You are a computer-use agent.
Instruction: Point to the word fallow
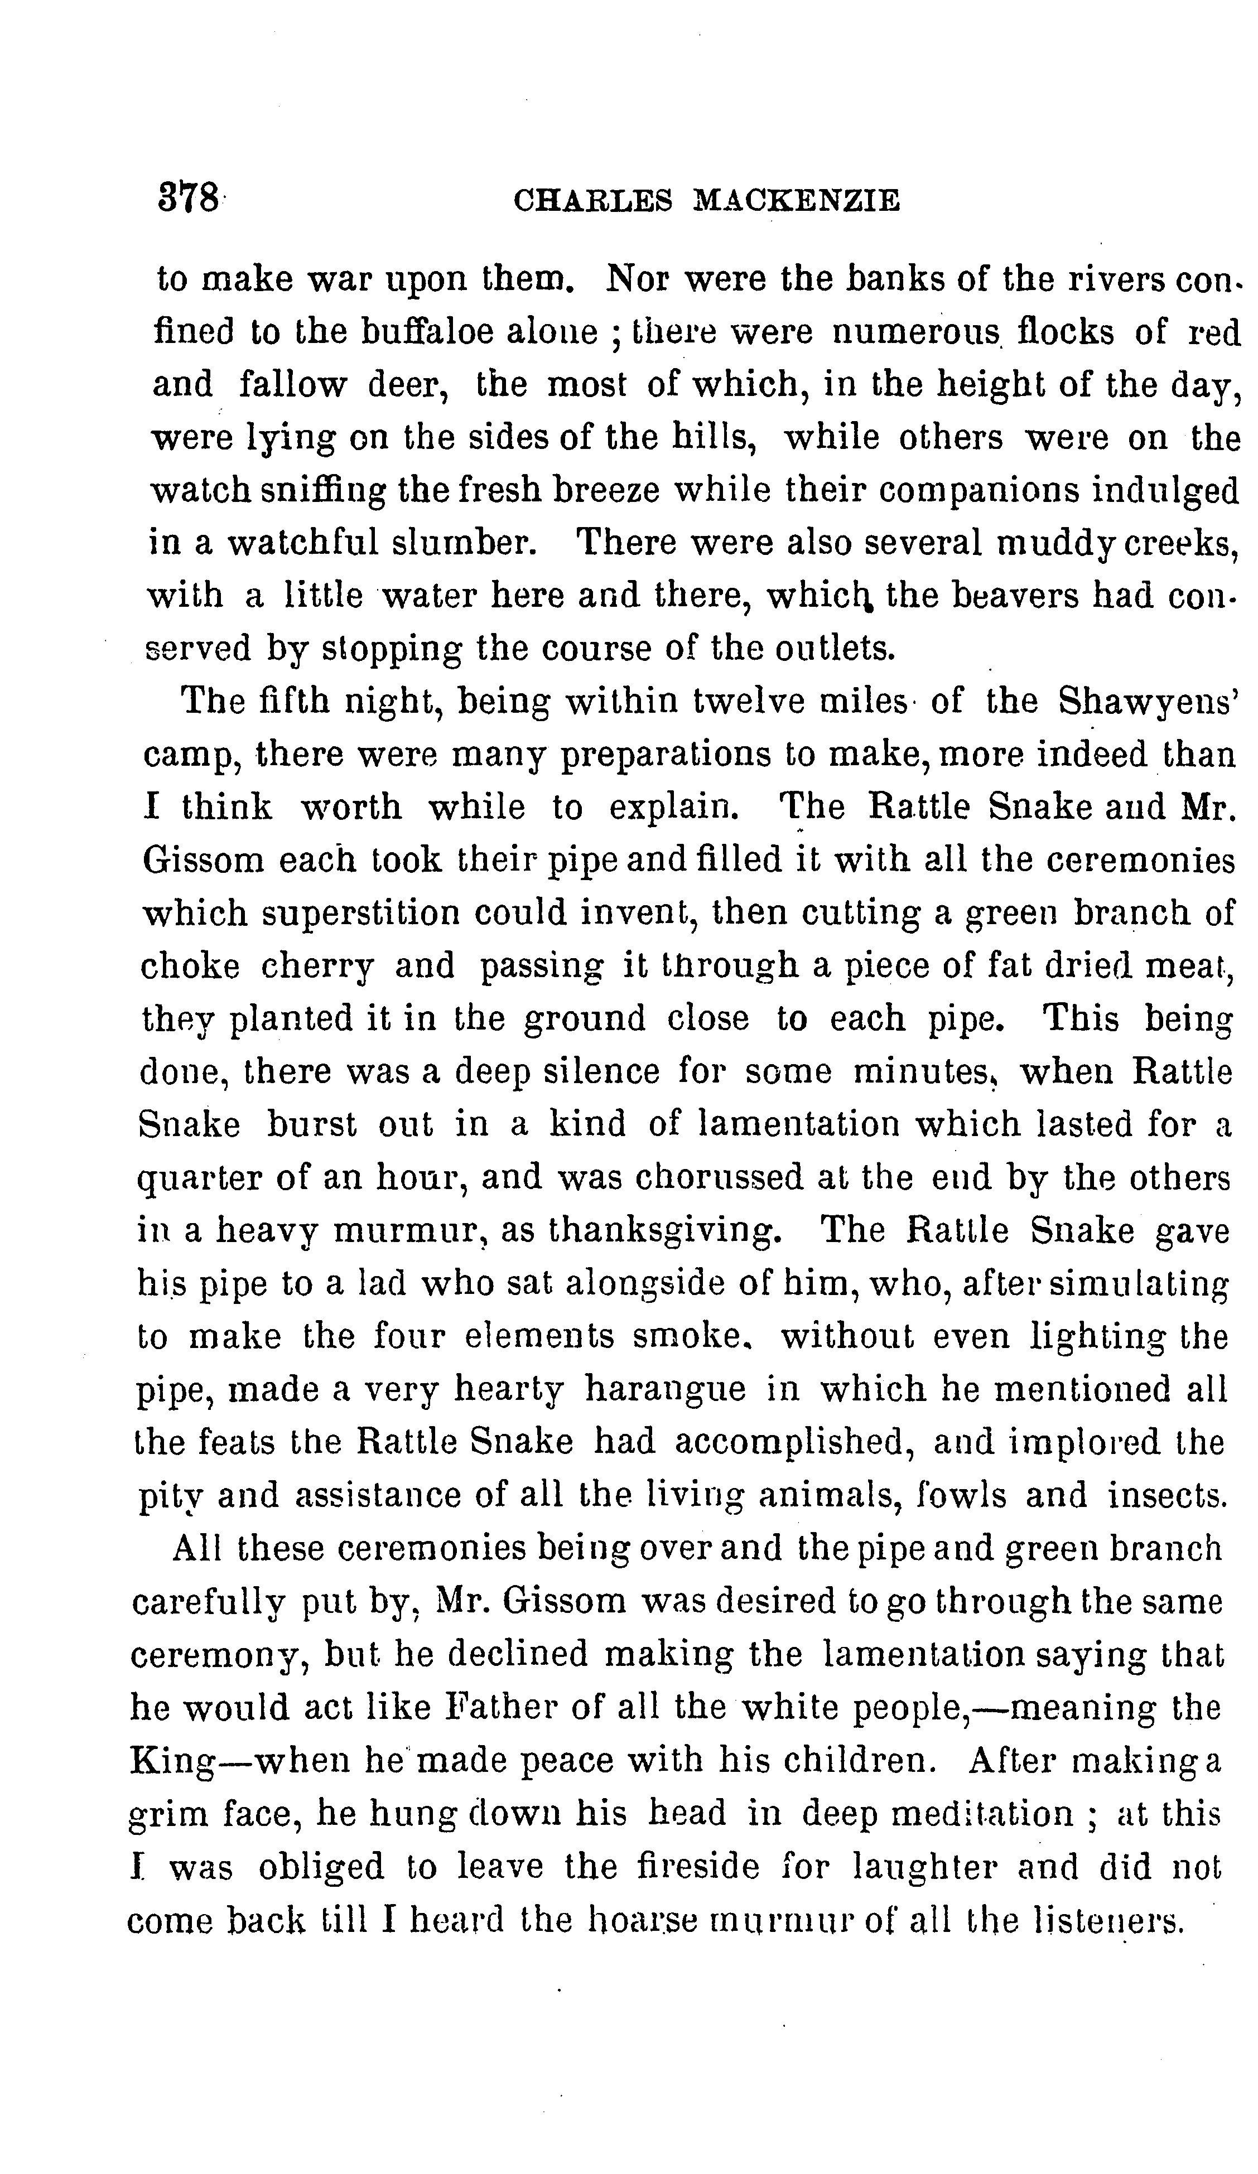pos(292,385)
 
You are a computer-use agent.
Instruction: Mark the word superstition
pos(362,914)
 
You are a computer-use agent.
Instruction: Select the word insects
pos(1167,1496)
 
